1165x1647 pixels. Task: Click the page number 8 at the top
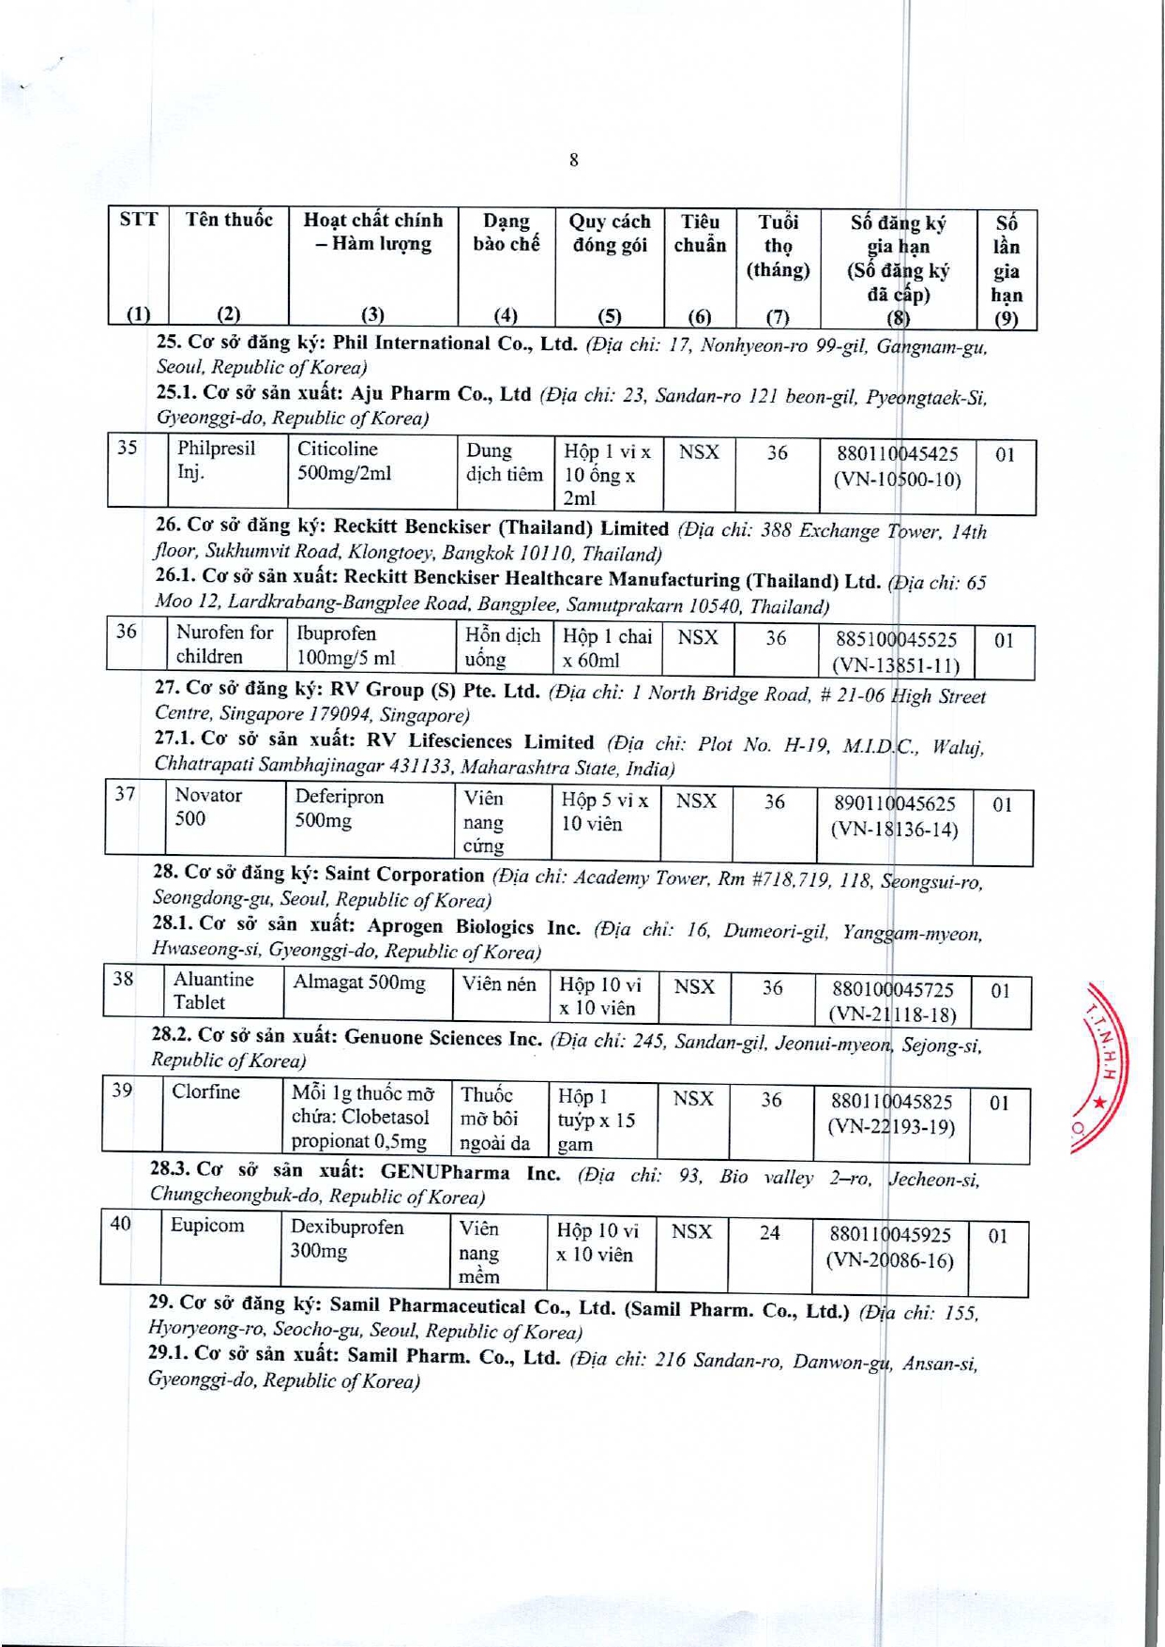(573, 160)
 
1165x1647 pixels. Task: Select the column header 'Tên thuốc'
(229, 221)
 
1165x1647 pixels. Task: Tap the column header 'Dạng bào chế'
(506, 233)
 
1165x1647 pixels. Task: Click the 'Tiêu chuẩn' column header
(700, 234)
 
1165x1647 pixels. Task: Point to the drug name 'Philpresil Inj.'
(215, 460)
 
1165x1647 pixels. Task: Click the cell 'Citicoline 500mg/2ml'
(343, 461)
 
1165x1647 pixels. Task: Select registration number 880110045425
(897, 454)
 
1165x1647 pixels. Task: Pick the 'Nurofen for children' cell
(224, 645)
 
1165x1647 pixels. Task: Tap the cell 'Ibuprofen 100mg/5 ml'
(344, 646)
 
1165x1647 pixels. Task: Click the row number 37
(125, 794)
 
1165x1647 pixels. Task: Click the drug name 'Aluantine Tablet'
(213, 991)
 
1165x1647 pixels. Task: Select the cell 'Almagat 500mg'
(358, 983)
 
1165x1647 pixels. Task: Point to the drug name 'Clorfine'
(205, 1091)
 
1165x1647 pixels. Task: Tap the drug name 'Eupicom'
(206, 1225)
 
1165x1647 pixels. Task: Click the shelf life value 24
(769, 1232)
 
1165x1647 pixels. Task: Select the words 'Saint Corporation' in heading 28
(404, 875)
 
